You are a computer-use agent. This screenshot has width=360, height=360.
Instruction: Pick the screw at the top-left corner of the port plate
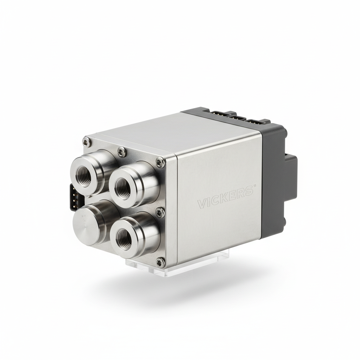click(x=86, y=141)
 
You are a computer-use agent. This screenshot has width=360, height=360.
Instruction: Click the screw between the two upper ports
click(x=121, y=151)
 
